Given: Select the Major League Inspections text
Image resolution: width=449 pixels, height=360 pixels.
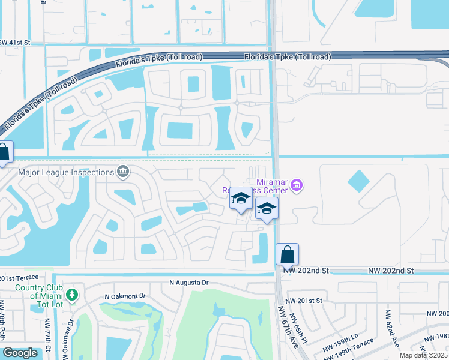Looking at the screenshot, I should click(66, 173).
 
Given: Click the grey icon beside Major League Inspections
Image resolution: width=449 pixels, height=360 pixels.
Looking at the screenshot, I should click(124, 172).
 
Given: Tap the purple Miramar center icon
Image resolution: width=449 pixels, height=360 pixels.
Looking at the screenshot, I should click(296, 186).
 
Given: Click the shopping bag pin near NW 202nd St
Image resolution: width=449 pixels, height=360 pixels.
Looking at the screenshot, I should click(288, 254).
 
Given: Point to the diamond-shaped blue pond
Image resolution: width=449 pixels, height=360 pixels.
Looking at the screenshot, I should click(358, 181).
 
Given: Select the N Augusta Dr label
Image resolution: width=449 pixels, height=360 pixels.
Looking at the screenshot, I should click(188, 282).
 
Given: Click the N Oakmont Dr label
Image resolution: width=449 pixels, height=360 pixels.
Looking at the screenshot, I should click(125, 296).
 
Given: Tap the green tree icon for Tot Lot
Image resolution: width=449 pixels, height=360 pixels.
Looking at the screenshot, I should click(72, 295).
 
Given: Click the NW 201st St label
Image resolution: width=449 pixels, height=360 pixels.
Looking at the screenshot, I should click(304, 301).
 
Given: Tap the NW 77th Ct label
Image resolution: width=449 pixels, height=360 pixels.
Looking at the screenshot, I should click(48, 333).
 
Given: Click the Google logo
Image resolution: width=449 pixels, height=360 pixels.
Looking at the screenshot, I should click(20, 353).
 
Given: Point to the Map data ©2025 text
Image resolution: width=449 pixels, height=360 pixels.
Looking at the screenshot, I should click(423, 355).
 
